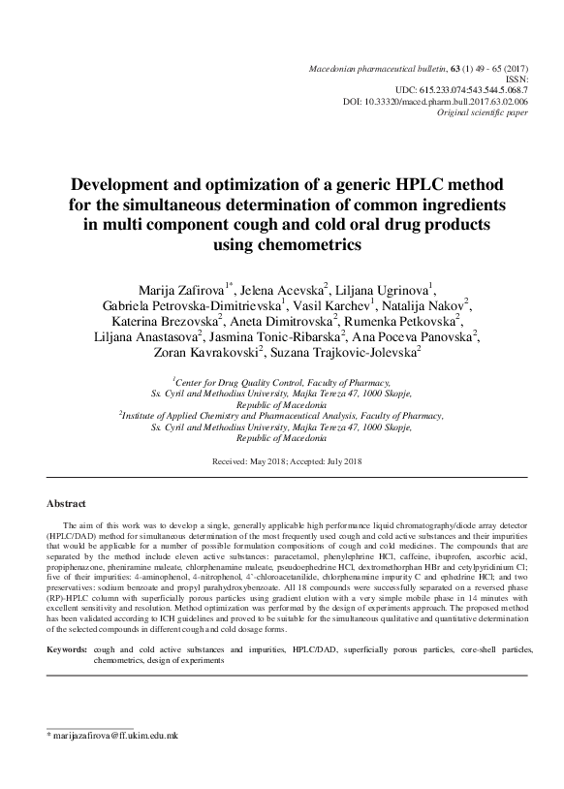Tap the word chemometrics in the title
[308, 245]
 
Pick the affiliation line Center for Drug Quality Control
[281, 382]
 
